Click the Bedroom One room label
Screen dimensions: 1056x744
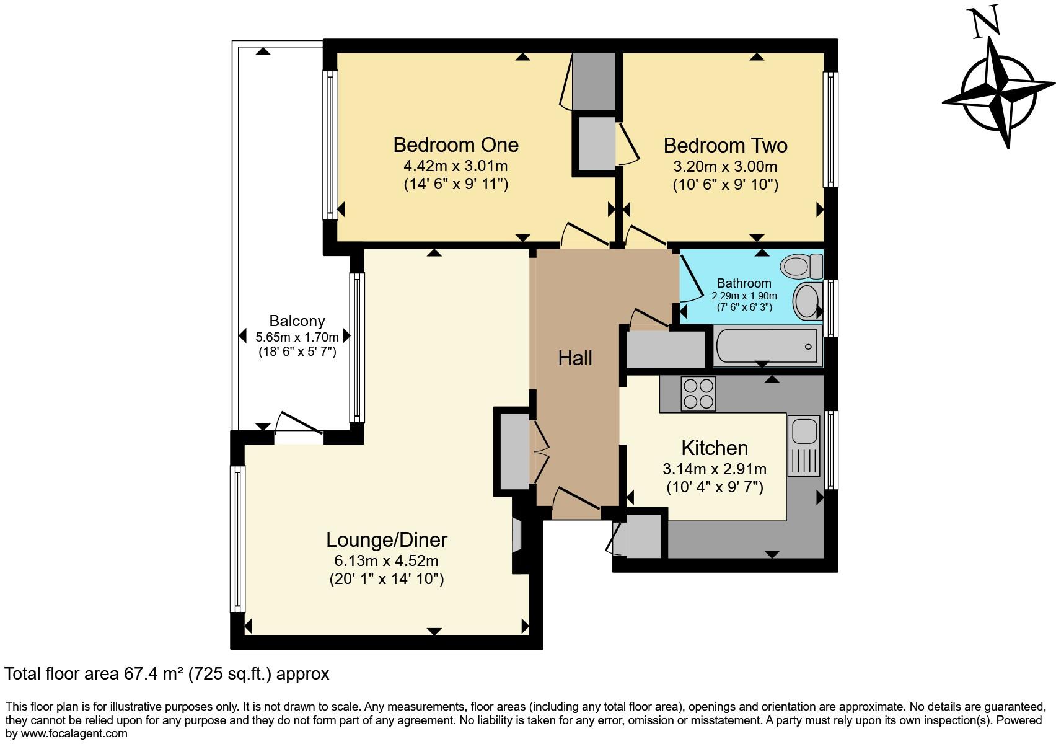[x=456, y=145]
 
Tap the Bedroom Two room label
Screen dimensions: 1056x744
[x=726, y=145]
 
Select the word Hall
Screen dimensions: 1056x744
[x=575, y=358]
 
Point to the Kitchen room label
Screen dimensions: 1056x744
[x=715, y=448]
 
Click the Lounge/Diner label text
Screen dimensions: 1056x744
[x=387, y=540]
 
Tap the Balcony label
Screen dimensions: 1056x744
[x=297, y=321]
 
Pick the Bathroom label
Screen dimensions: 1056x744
[x=744, y=283]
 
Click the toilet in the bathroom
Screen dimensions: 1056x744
[x=801, y=265]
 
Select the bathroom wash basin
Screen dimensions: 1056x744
[x=807, y=301]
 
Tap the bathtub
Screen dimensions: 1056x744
[x=767, y=347]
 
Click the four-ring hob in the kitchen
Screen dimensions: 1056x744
[x=698, y=394]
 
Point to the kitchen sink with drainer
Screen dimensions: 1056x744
[x=803, y=445]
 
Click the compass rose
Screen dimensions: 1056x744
[x=998, y=93]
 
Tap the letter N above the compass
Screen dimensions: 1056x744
[x=987, y=21]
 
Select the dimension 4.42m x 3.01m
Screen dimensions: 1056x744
[x=455, y=166]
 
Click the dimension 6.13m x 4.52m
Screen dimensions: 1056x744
[x=387, y=561]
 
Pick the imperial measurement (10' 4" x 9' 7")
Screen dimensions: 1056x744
[x=715, y=487]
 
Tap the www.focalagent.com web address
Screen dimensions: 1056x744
[x=74, y=733]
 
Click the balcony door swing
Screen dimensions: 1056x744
[x=298, y=422]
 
